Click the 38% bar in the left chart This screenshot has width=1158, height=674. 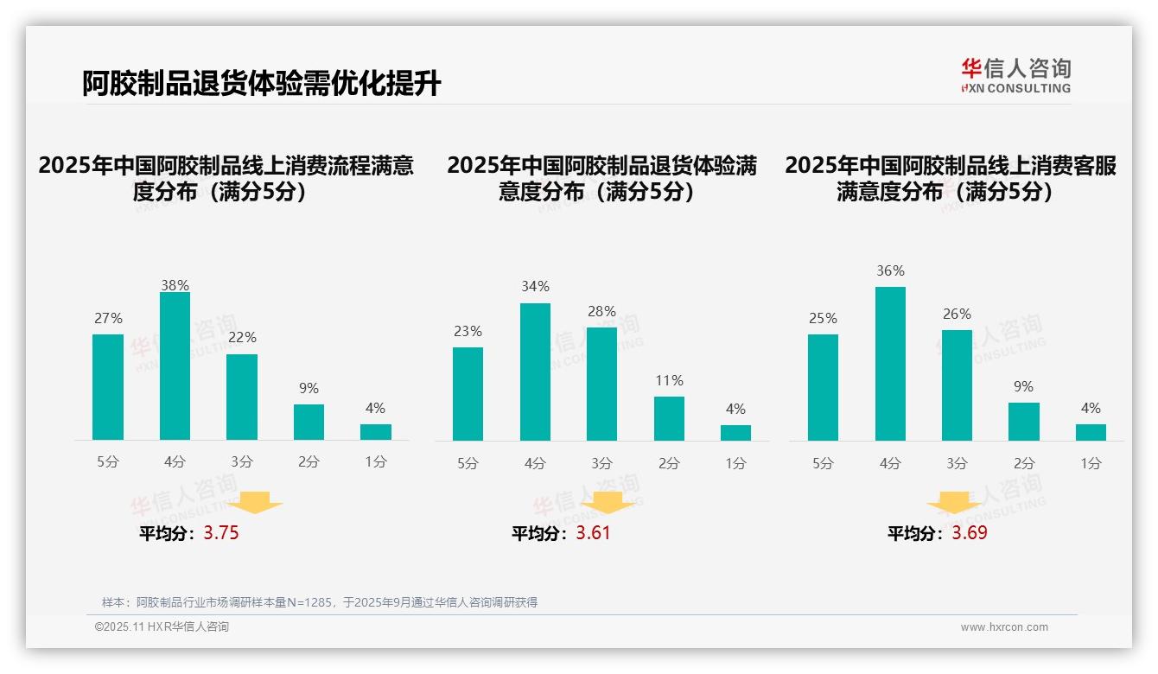175,366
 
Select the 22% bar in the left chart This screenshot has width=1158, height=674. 242,397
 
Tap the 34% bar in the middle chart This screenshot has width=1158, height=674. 535,372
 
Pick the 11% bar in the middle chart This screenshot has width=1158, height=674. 669,419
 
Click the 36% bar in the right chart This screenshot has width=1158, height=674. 890,364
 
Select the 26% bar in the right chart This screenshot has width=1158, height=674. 957,385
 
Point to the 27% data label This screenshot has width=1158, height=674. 108,318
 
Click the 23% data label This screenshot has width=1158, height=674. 468,331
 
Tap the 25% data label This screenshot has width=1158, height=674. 823,318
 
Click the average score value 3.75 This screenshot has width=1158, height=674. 221,533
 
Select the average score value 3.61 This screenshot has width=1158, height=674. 593,533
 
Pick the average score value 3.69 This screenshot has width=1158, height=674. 970,533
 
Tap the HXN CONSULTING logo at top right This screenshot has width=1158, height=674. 1015,76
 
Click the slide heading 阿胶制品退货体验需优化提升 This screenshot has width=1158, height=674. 261,83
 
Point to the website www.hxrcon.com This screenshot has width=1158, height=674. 1004,627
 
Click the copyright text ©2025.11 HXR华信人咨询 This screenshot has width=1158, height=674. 162,627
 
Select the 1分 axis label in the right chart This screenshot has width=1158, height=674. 1091,463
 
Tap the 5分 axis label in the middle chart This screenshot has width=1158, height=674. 468,463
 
